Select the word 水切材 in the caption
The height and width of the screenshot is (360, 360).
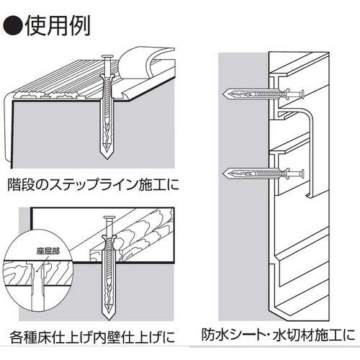click(291, 336)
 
